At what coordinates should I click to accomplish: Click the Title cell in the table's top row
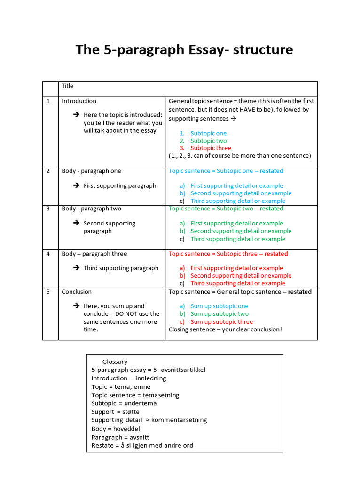pyautogui.click(x=68, y=86)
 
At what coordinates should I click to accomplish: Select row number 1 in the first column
pyautogui.click(x=48, y=101)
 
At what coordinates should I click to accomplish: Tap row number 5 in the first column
pyautogui.click(x=48, y=292)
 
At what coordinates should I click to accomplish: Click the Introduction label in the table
pyautogui.click(x=79, y=101)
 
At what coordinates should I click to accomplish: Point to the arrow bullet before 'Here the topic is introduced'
pyautogui.click(x=76, y=115)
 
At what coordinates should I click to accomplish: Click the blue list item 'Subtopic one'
pyautogui.click(x=208, y=133)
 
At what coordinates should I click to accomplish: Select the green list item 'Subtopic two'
pyautogui.click(x=208, y=141)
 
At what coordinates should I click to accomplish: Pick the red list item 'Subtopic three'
pyautogui.click(x=211, y=148)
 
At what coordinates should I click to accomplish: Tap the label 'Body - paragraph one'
pyautogui.click(x=91, y=171)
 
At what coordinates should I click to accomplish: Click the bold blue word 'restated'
pyautogui.click(x=272, y=171)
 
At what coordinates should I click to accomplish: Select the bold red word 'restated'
pyautogui.click(x=276, y=254)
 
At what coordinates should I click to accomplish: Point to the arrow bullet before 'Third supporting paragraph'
pyautogui.click(x=76, y=268)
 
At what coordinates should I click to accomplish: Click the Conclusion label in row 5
pyautogui.click(x=77, y=292)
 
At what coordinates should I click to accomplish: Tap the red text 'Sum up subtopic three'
pyautogui.click(x=221, y=322)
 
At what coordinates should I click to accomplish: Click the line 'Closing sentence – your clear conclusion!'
pyautogui.click(x=225, y=329)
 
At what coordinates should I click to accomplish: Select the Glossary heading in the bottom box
pyautogui.click(x=115, y=361)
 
